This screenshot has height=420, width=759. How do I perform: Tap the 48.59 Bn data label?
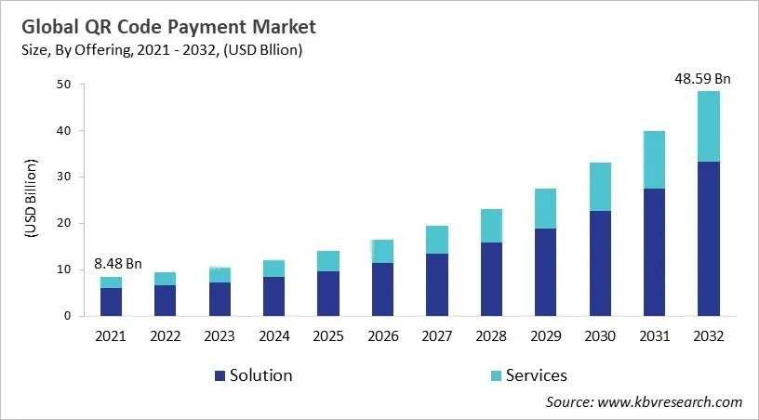702,79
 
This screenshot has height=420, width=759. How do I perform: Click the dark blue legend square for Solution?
220,375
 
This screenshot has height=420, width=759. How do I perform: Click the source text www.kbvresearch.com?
669,402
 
